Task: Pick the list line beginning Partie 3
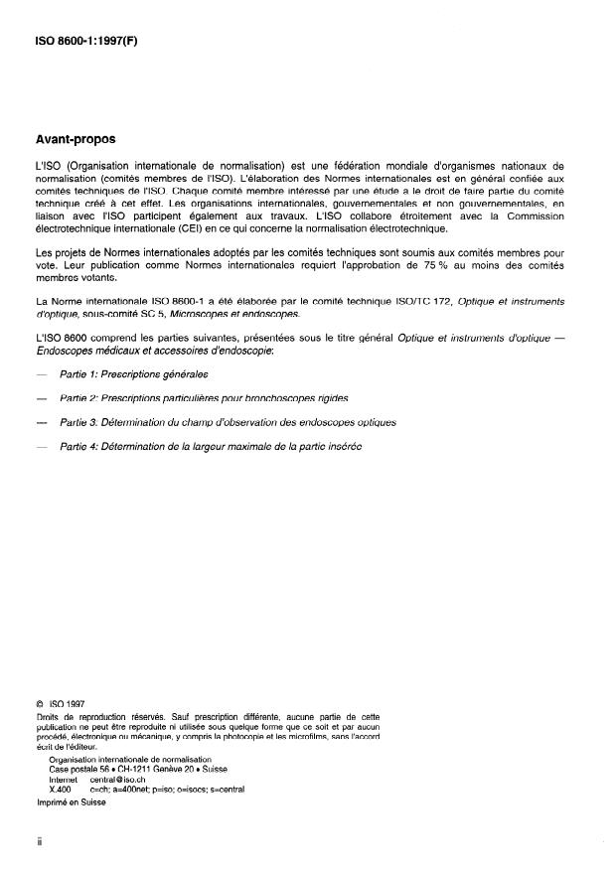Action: click(228, 421)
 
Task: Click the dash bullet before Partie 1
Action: click(40, 374)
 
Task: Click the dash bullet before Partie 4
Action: click(40, 446)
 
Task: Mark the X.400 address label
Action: click(62, 791)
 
